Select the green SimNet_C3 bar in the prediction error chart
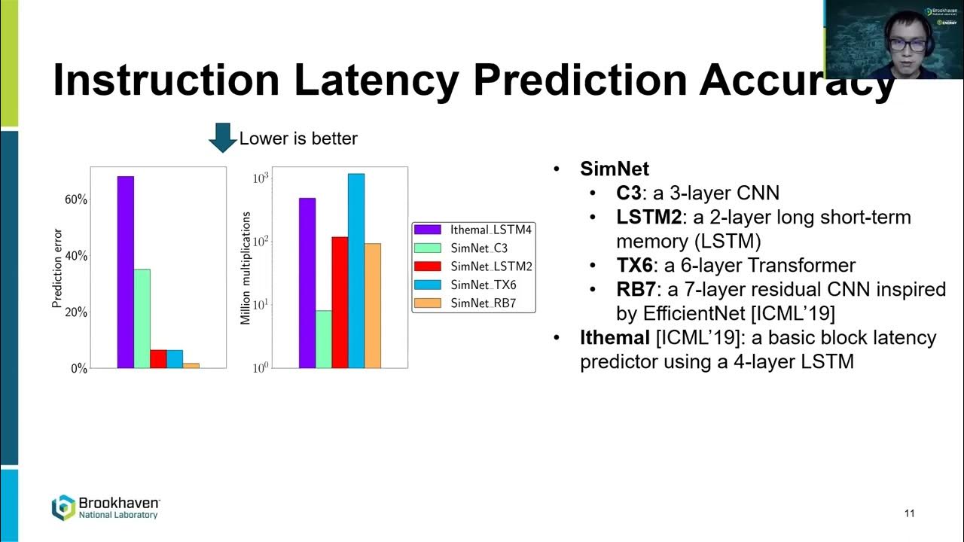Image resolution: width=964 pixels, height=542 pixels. pyautogui.click(x=142, y=318)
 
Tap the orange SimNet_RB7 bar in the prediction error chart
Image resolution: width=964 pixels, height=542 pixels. pyautogui.click(x=191, y=365)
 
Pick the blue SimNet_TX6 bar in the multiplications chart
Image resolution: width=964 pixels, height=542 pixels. pyautogui.click(x=356, y=271)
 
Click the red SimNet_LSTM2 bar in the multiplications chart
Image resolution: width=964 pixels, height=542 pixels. pyautogui.click(x=340, y=303)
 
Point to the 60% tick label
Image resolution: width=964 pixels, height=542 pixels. pyautogui.click(x=76, y=199)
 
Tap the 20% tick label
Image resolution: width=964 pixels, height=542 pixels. pyautogui.click(x=76, y=312)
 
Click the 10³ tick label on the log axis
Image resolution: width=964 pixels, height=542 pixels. pyautogui.click(x=261, y=178)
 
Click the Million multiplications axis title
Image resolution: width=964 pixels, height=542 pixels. pyautogui.click(x=246, y=268)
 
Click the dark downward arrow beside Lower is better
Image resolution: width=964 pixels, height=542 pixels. pyautogui.click(x=222, y=138)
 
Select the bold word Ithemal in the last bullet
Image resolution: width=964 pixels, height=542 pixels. pyautogui.click(x=615, y=337)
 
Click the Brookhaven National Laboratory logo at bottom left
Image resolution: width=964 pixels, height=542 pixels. pyautogui.click(x=105, y=507)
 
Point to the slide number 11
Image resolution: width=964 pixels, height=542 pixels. pyautogui.click(x=909, y=513)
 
